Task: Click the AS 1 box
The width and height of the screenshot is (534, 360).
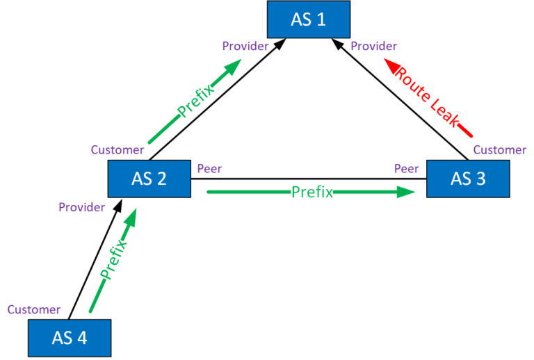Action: tap(309, 19)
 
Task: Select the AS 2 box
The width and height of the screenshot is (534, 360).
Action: tap(149, 179)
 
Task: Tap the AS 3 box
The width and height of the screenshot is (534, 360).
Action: tap(468, 179)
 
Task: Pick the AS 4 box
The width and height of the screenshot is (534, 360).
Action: tap(70, 338)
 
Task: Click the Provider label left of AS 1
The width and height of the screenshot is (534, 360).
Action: tap(245, 47)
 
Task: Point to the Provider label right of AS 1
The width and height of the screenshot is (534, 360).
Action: tap(373, 47)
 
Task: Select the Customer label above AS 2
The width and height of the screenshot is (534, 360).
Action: tap(118, 150)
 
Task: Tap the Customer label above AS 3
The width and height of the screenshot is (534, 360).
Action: tap(500, 150)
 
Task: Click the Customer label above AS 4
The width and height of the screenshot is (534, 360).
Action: tap(34, 309)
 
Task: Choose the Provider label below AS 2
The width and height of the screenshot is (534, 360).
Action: tap(81, 207)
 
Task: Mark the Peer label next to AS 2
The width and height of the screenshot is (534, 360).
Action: tap(210, 169)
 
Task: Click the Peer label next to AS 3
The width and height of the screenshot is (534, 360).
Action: tap(406, 169)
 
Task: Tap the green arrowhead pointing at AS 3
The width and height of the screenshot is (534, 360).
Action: tap(406, 193)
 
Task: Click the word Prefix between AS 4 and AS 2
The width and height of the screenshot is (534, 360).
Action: tap(114, 258)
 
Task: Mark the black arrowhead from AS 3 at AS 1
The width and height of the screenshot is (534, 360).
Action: tap(338, 43)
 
